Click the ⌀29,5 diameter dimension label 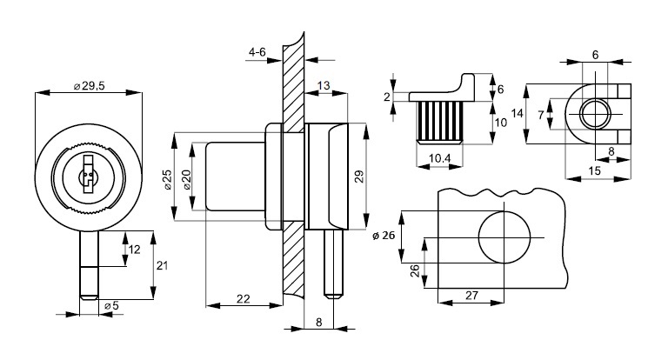[x=90, y=85]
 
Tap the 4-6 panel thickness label [x=257, y=53]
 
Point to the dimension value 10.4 [x=440, y=157]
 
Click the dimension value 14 [x=517, y=114]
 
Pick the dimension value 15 [x=594, y=171]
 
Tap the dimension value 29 [x=358, y=177]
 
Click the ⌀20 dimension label [x=184, y=179]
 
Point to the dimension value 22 [x=244, y=299]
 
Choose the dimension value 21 [x=161, y=265]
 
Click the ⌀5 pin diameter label [x=110, y=306]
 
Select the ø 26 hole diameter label [x=383, y=236]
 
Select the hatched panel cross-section [x=293, y=174]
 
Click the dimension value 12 [x=134, y=250]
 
